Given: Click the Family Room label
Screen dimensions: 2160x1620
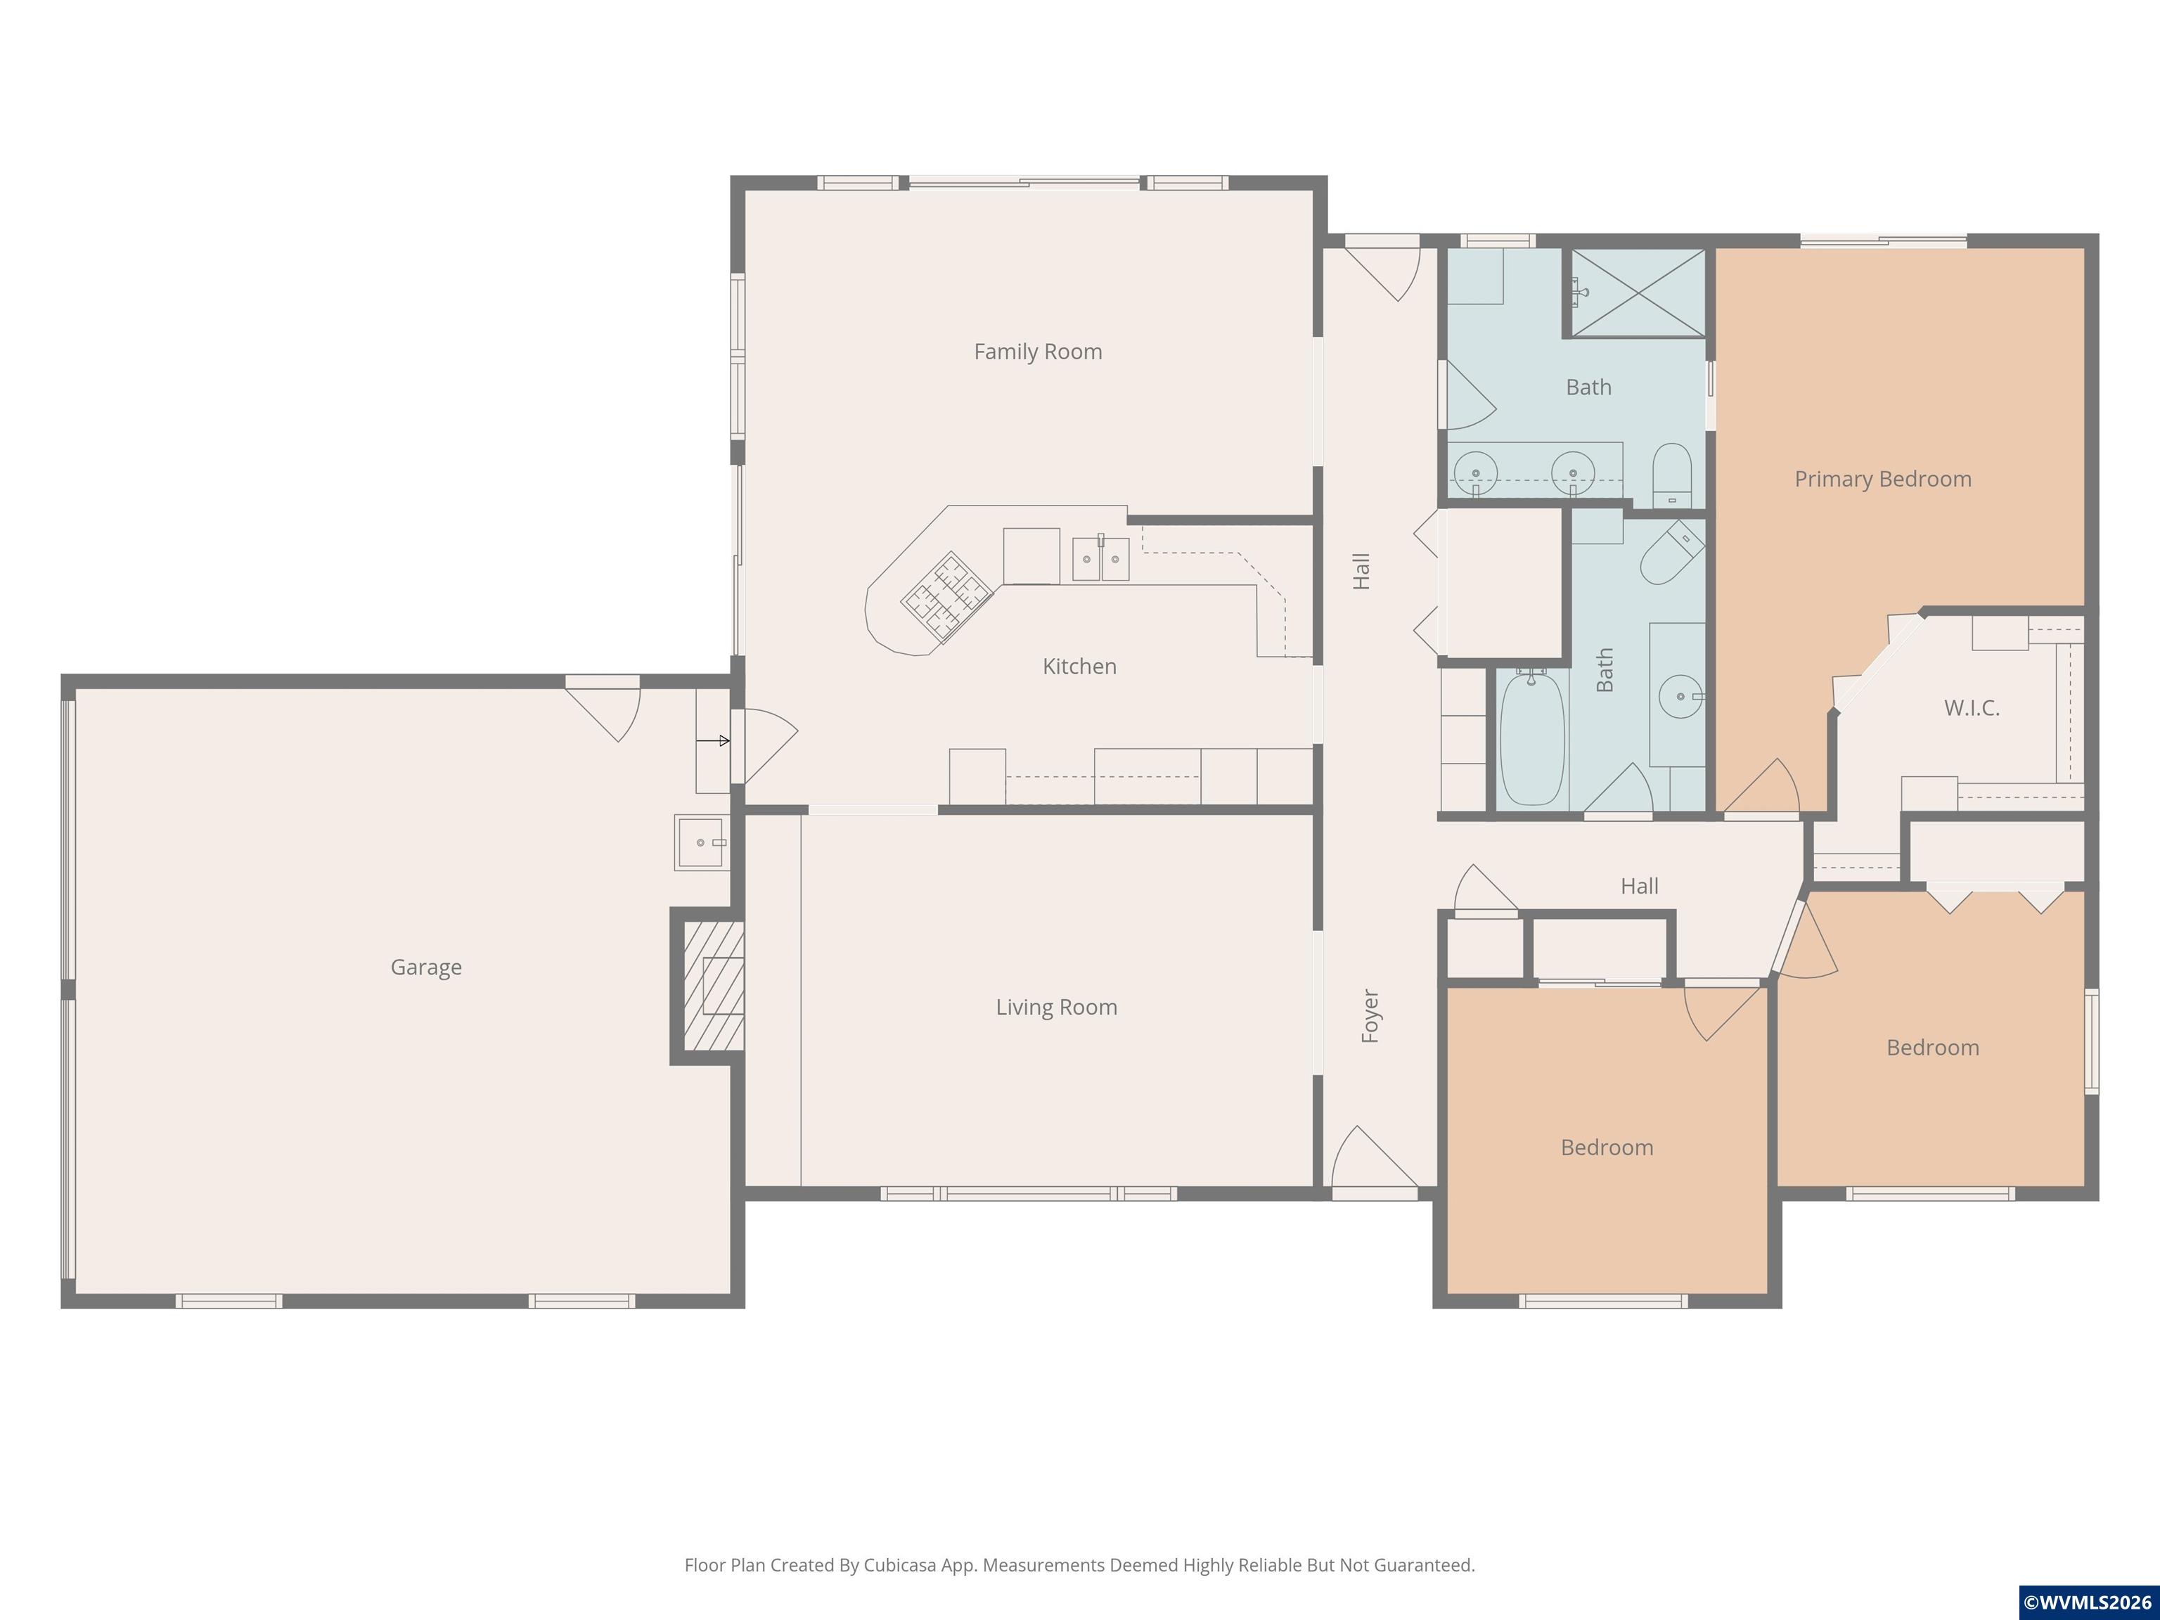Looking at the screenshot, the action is [x=1038, y=352].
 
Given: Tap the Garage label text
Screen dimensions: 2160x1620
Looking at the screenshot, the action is [x=426, y=967].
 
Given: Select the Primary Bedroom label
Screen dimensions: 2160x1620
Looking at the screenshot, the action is [x=1883, y=479].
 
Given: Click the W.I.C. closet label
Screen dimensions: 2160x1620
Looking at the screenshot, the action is [x=1972, y=708].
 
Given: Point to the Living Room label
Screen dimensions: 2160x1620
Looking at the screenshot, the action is [x=1057, y=1007].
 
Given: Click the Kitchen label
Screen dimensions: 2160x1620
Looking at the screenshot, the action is [x=1079, y=666].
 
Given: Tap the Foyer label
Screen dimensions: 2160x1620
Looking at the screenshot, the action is [x=1370, y=1015].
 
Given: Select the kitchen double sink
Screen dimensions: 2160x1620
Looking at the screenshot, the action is [x=1100, y=558].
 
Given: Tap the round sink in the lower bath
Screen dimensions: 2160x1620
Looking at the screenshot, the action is [x=1680, y=696].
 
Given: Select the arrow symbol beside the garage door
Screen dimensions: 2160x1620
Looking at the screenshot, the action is [x=713, y=741].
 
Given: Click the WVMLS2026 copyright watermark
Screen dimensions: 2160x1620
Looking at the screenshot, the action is [x=2087, y=1602].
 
